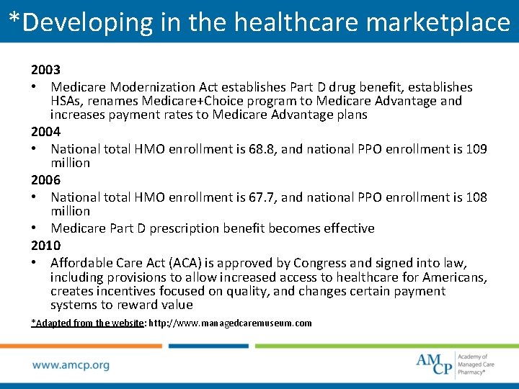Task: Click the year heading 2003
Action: point(45,70)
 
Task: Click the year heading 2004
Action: point(45,132)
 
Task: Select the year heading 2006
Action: point(45,180)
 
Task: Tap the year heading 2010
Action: point(45,246)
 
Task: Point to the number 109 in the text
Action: point(476,149)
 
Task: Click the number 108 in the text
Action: point(476,197)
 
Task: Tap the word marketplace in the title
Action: point(438,22)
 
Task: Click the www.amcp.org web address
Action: point(71,365)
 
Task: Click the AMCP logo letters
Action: point(435,363)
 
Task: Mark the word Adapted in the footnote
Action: point(52,323)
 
